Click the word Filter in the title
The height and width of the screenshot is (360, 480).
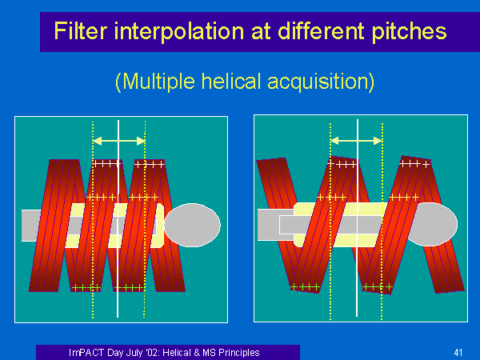click(x=81, y=30)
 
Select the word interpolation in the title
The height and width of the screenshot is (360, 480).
click(x=179, y=32)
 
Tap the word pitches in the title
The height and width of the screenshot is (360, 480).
click(x=409, y=32)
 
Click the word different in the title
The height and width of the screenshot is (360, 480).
click(x=321, y=30)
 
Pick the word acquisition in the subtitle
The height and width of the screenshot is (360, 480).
click(x=321, y=82)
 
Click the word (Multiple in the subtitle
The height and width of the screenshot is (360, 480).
click(x=155, y=82)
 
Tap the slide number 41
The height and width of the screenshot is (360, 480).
click(x=458, y=353)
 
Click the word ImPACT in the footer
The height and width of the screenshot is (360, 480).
click(x=86, y=353)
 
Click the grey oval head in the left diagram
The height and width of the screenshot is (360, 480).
click(x=192, y=225)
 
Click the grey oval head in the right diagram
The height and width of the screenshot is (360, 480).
click(x=432, y=224)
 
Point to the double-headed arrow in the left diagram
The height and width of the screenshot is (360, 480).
click(x=118, y=141)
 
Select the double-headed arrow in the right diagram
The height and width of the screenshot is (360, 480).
click(x=356, y=141)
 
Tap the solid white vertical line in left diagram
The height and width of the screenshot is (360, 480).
click(x=118, y=218)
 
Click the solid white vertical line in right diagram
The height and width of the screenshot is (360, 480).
click(x=358, y=218)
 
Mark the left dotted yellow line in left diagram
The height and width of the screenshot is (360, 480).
click(x=93, y=220)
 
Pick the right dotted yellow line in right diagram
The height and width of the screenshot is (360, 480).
click(x=382, y=222)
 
